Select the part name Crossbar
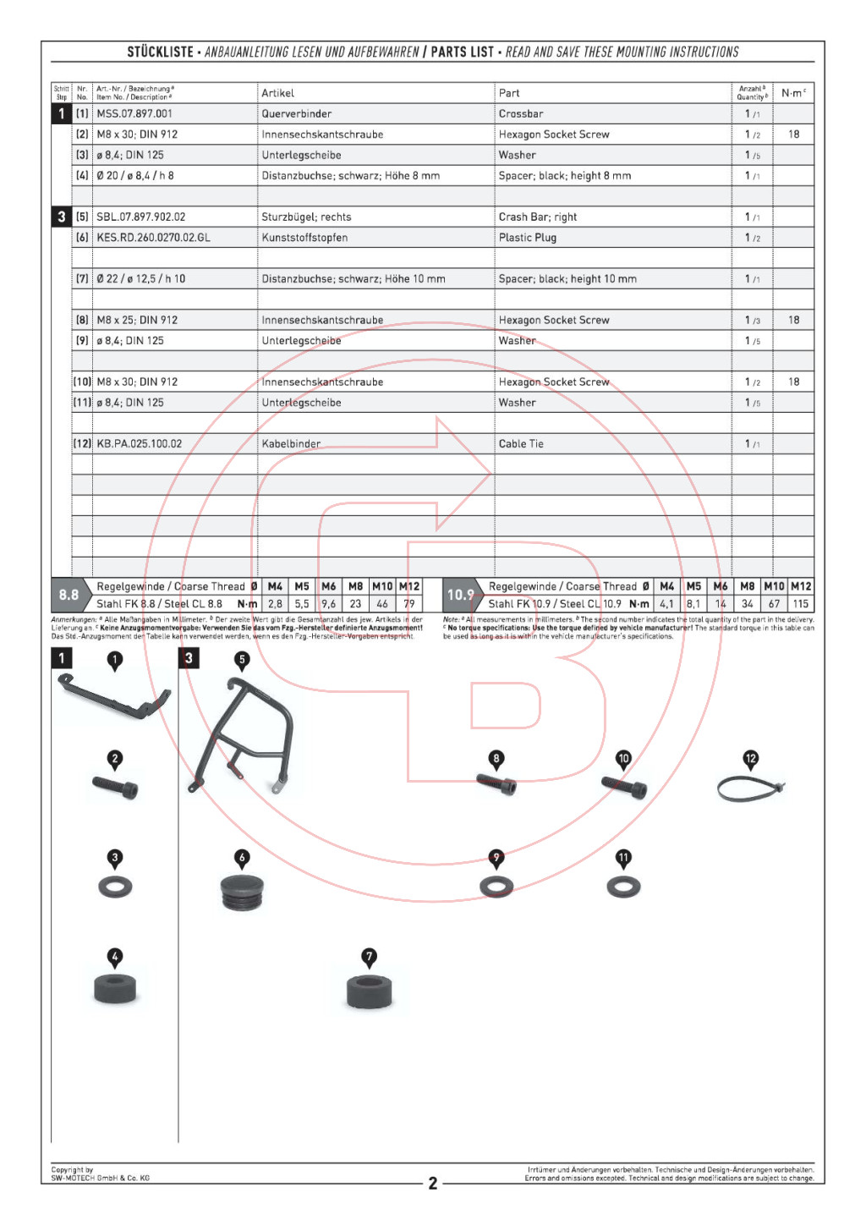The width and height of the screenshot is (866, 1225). tap(521, 113)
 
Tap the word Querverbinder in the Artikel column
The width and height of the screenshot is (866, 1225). tap(296, 113)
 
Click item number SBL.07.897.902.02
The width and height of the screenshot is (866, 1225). tap(140, 217)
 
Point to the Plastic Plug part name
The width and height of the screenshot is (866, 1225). tap(528, 238)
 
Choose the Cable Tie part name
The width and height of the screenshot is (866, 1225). tap(521, 443)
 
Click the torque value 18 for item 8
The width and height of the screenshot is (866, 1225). tap(793, 320)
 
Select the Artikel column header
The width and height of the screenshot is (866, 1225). tap(277, 93)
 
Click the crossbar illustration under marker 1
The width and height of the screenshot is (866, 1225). tap(113, 697)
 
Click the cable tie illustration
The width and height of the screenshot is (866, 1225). tap(750, 788)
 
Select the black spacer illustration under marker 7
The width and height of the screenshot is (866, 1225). tap(370, 990)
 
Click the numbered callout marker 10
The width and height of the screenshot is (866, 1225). tap(623, 759)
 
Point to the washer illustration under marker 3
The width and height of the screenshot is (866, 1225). tap(115, 887)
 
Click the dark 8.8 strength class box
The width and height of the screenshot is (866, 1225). tap(69, 595)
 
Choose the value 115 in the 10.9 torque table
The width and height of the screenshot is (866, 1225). tap(800, 604)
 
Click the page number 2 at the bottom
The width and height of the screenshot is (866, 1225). tap(433, 1183)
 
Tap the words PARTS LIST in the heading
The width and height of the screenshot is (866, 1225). tap(462, 52)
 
